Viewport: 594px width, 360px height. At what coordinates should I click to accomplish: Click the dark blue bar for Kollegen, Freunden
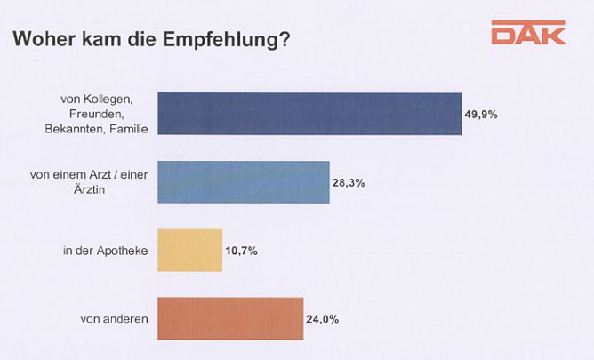(309, 113)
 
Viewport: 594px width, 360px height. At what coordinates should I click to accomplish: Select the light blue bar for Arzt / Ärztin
(243, 182)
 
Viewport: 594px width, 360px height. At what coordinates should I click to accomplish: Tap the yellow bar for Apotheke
(189, 251)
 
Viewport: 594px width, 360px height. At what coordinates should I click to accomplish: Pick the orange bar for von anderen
(230, 318)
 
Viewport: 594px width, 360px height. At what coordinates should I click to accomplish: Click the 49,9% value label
(481, 114)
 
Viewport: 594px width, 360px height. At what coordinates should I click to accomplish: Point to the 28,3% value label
(349, 182)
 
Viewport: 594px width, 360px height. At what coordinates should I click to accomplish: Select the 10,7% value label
(241, 251)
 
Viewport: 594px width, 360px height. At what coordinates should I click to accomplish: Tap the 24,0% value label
(323, 318)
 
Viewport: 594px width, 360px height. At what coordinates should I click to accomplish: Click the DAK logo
(527, 35)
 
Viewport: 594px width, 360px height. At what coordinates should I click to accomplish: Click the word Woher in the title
(38, 41)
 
